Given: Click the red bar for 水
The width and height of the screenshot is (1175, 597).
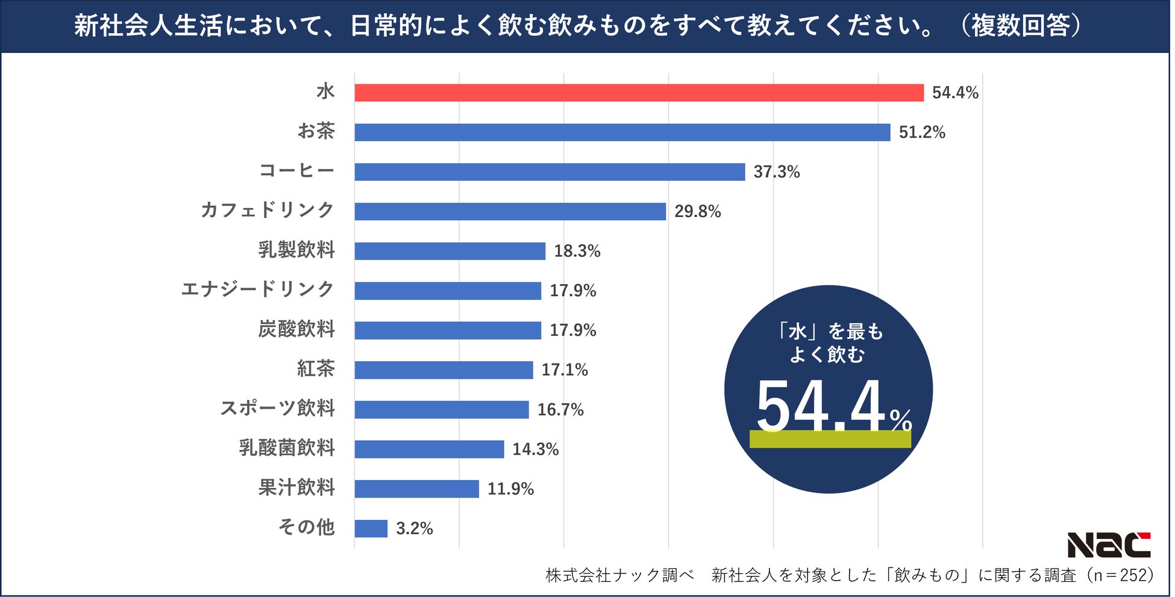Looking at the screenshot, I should click(x=639, y=93).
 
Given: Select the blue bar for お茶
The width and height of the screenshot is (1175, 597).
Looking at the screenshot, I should click(x=622, y=133).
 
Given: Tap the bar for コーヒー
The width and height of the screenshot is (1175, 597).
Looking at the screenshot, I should click(x=550, y=172).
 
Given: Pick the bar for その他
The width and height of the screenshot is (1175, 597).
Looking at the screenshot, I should click(x=371, y=529).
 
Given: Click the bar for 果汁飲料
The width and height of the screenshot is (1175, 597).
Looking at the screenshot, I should click(x=416, y=489).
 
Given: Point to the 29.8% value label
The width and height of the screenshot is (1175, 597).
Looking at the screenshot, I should click(x=697, y=212).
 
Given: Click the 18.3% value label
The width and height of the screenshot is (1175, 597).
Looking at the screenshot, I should click(x=577, y=251).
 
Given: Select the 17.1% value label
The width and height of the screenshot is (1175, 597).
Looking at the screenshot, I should click(x=564, y=370).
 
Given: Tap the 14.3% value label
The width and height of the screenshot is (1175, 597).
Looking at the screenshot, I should click(x=535, y=449).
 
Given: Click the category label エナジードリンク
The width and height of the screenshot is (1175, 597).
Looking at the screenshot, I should click(x=257, y=289).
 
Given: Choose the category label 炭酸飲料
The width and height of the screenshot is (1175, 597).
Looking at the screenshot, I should click(x=296, y=329).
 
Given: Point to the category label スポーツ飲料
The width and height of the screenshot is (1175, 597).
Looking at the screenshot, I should click(x=277, y=408).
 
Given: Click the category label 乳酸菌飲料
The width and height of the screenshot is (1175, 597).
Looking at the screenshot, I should click(x=286, y=448).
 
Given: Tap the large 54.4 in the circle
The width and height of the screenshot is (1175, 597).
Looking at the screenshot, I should click(x=821, y=407).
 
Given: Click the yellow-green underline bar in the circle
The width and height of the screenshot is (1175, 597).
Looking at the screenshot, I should click(x=830, y=439).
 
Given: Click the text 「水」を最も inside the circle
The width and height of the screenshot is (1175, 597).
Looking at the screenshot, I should click(x=829, y=332).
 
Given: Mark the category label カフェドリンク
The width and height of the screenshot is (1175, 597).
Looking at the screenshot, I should click(x=267, y=210).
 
